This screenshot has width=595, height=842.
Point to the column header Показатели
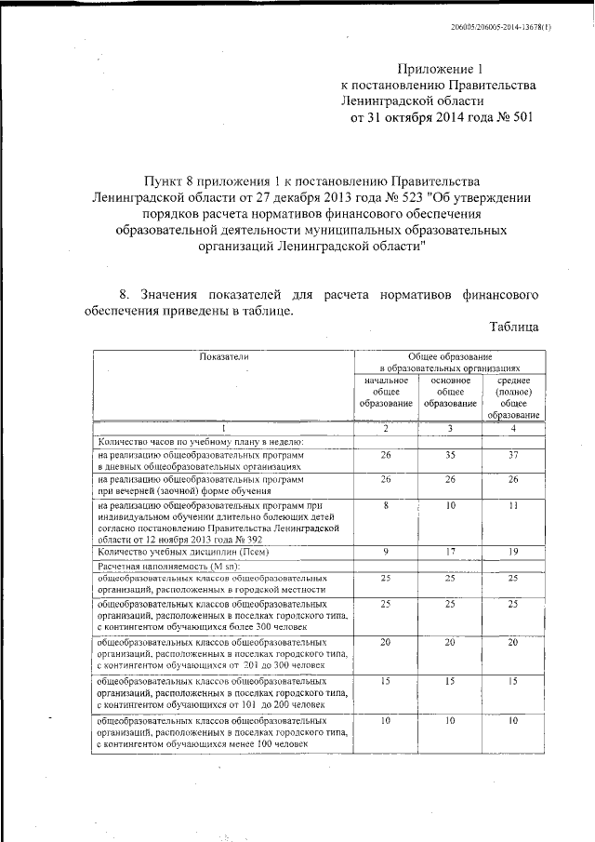click(x=224, y=356)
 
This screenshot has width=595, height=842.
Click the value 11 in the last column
click(x=513, y=505)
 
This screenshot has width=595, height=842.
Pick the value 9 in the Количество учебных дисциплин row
click(x=386, y=551)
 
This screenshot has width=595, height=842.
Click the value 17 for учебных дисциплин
click(x=449, y=551)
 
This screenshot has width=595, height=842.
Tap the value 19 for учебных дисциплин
click(x=513, y=551)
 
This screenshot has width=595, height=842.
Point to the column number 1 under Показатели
click(x=223, y=428)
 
